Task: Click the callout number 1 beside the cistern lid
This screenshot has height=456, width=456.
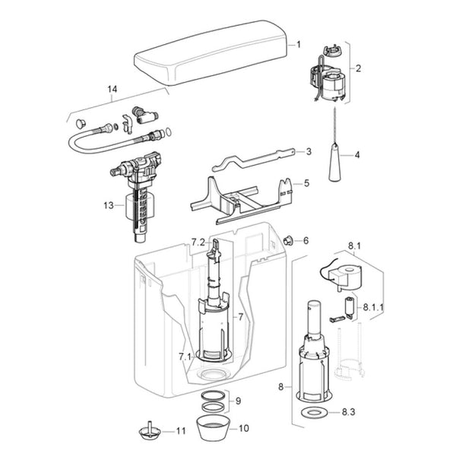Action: tap(299, 45)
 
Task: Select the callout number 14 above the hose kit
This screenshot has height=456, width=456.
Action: tap(112, 89)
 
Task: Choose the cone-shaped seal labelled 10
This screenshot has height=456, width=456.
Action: tap(213, 428)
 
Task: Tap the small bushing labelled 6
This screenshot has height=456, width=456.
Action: tap(288, 240)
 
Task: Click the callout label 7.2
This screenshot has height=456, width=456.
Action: tap(198, 242)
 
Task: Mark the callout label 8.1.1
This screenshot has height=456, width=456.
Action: tap(373, 307)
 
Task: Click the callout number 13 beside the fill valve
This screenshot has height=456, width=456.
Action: tap(109, 205)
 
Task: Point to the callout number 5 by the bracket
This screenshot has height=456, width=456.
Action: tap(306, 183)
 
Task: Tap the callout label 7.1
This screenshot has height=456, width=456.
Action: tap(185, 356)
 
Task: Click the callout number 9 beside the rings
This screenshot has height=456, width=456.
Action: tap(238, 401)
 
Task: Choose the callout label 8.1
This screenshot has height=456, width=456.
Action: tap(354, 246)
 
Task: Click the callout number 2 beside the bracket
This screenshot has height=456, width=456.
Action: tap(358, 68)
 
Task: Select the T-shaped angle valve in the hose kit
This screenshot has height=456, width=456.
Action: tap(144, 116)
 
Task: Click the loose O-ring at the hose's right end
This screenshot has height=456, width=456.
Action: tap(168, 131)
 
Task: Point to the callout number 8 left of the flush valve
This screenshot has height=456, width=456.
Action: tap(280, 387)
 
